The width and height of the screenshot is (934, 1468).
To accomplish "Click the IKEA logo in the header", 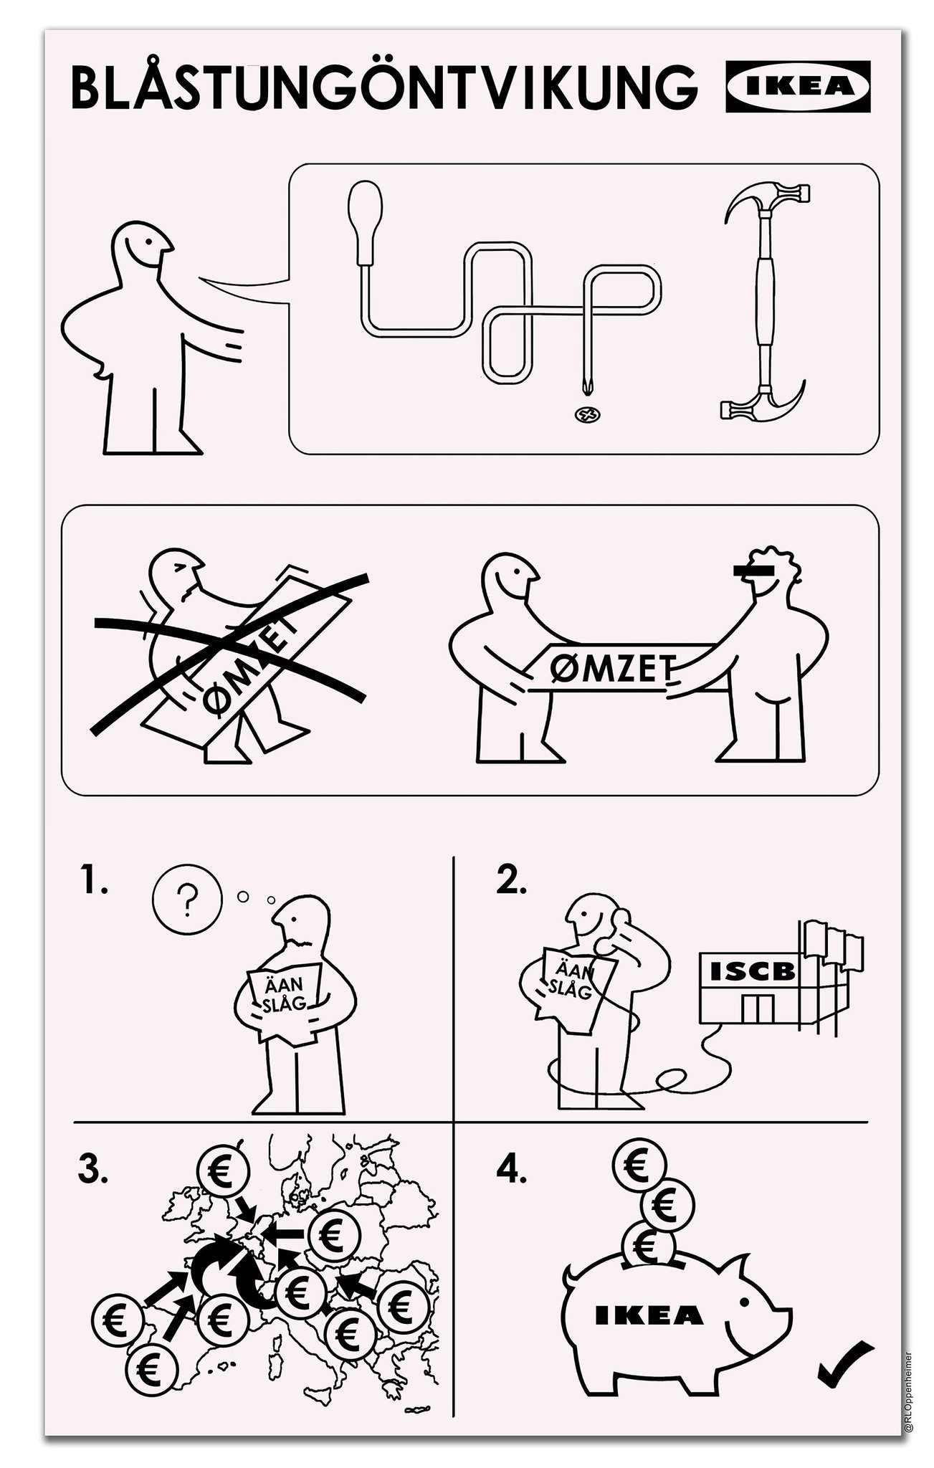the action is [798, 86].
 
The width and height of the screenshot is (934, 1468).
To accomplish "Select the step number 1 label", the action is [94, 883].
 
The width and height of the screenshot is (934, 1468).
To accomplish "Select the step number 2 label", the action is [511, 883].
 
